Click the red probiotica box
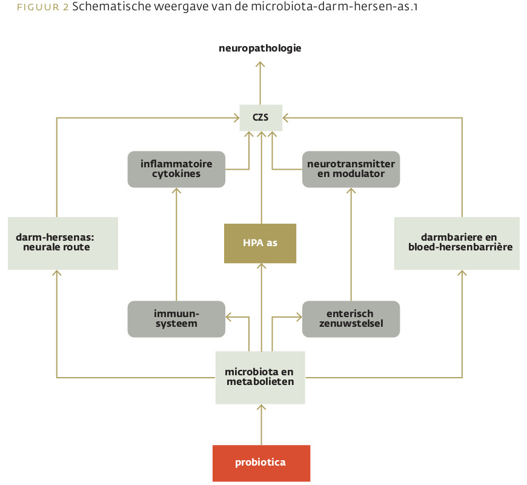tap(261, 463)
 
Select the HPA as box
tap(260, 243)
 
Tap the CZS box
tap(261, 118)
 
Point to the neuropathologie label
tap(260, 48)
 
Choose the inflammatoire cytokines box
tap(176, 169)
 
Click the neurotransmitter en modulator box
tap(351, 169)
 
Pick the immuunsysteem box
tap(176, 319)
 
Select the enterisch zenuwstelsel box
tap(351, 319)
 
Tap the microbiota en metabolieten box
tap(260, 377)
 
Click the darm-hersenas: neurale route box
tap(63, 243)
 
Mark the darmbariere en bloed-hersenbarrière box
tap(457, 243)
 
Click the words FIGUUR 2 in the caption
tap(42, 7)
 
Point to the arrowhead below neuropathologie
tap(260, 64)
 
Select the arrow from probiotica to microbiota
tap(261, 424)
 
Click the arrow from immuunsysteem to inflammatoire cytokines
tap(176, 244)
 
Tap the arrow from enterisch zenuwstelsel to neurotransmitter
tap(351, 244)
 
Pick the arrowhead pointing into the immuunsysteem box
tap(228, 317)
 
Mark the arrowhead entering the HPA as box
tap(261, 266)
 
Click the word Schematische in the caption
tap(111, 7)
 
